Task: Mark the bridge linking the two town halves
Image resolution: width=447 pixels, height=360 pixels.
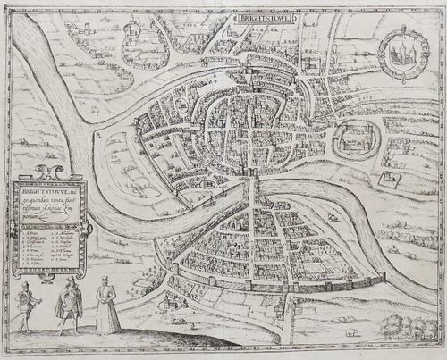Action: tap(253, 187)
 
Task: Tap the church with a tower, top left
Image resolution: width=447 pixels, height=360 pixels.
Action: tap(85, 31)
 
